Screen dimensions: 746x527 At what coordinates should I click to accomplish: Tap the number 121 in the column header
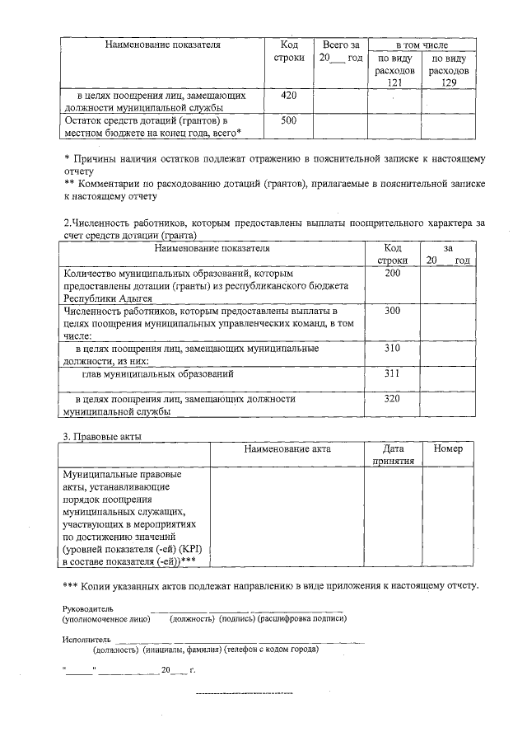click(x=394, y=83)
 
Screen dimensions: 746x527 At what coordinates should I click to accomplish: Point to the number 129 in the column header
click(x=449, y=83)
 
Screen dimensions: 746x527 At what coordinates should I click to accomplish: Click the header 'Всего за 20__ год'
click(x=341, y=51)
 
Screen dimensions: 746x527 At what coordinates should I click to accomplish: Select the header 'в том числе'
click(x=422, y=44)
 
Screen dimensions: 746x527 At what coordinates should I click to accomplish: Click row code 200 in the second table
click(x=392, y=273)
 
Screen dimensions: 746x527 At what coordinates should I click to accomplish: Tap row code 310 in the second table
click(x=392, y=349)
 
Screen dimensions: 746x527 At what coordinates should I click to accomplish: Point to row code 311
click(x=392, y=373)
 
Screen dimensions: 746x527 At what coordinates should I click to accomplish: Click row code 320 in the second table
click(x=392, y=399)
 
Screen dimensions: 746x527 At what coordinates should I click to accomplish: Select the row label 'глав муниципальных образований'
click(x=156, y=373)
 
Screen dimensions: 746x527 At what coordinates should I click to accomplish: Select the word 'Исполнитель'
click(x=86, y=639)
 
